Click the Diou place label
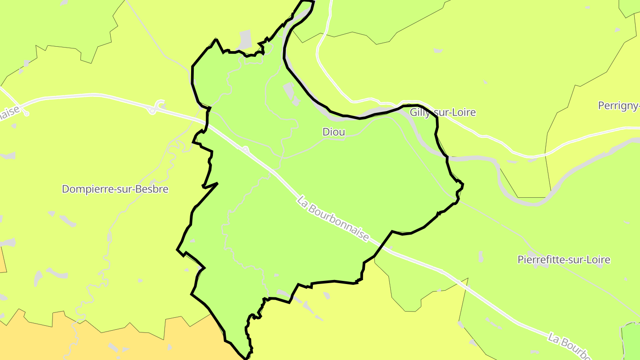334,132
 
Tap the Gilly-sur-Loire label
443,112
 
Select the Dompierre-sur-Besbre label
115,189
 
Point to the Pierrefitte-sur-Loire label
564,260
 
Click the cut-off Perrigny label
619,106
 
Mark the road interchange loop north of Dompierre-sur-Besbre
153,109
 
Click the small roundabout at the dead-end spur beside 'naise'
27,114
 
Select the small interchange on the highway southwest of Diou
245,149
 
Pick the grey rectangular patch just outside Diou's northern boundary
245,40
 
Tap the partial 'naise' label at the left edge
9,113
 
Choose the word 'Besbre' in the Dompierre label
154,189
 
